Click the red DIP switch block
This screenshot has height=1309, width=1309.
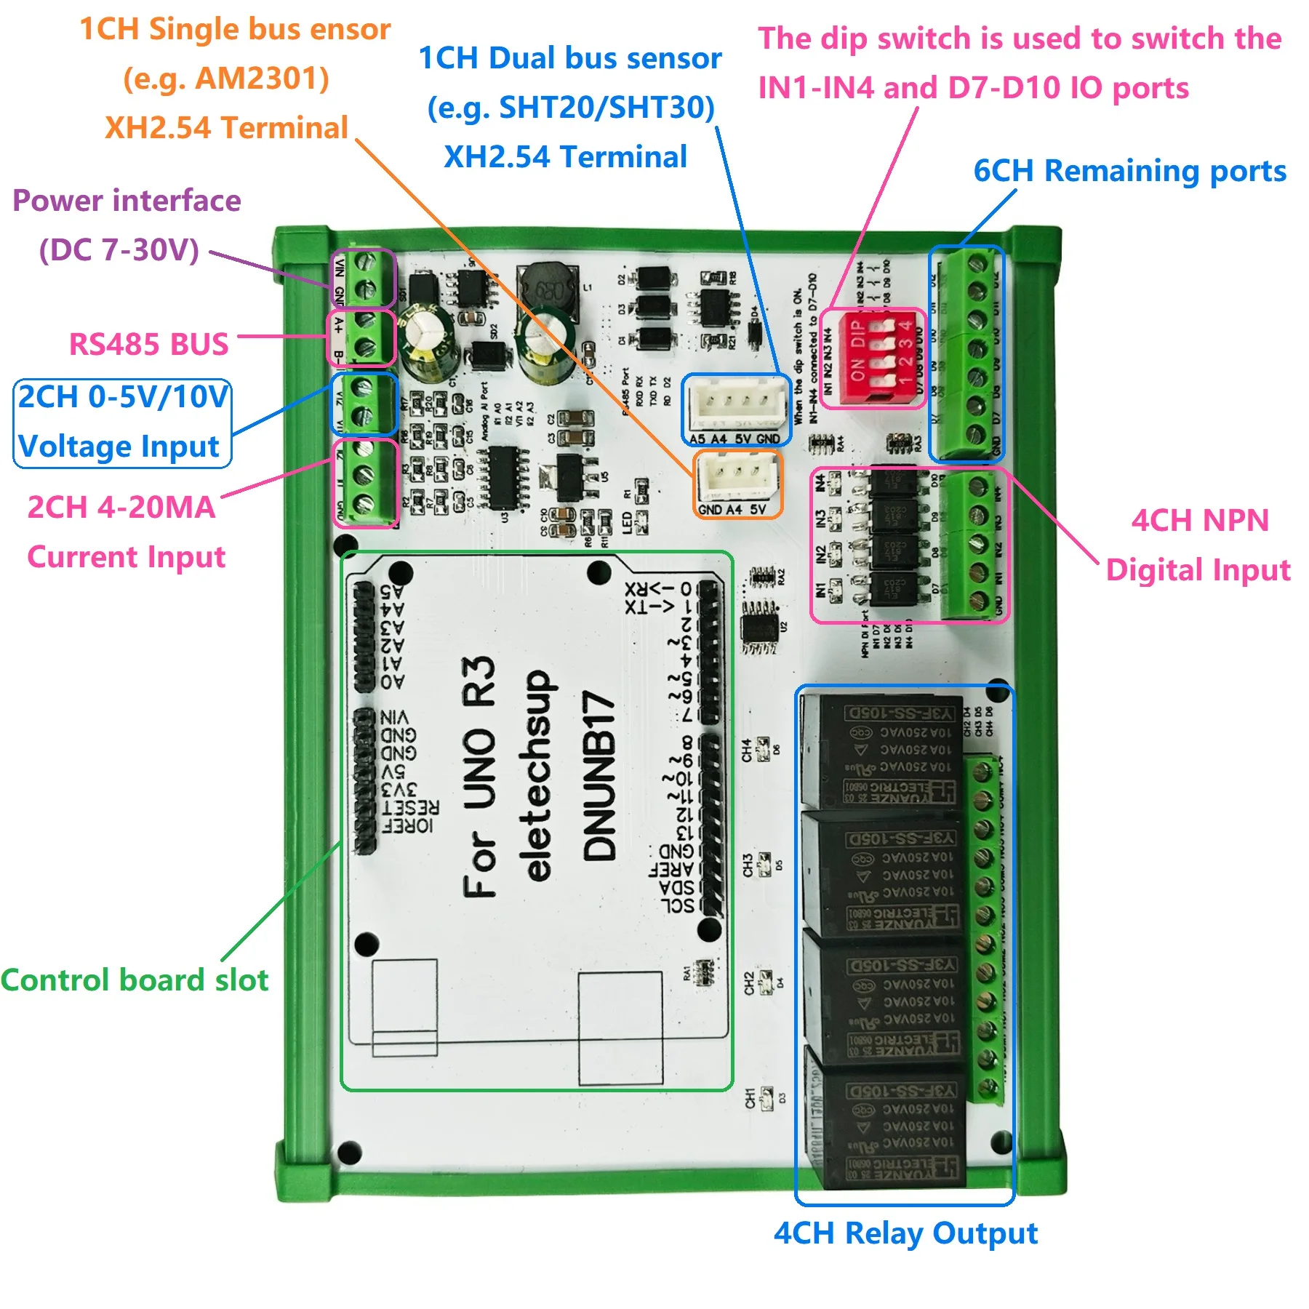coord(873,358)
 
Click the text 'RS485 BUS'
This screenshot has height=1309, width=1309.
coord(148,344)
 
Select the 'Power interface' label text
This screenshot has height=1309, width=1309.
coord(127,201)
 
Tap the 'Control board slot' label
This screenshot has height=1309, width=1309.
coord(135,980)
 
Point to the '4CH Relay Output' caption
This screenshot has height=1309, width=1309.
coord(905,1233)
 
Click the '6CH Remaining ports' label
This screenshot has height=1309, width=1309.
coord(1129,171)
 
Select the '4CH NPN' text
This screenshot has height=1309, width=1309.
coord(1200,521)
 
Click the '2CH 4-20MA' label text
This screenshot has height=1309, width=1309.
coord(121,508)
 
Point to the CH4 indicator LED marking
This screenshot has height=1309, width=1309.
coord(747,750)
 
